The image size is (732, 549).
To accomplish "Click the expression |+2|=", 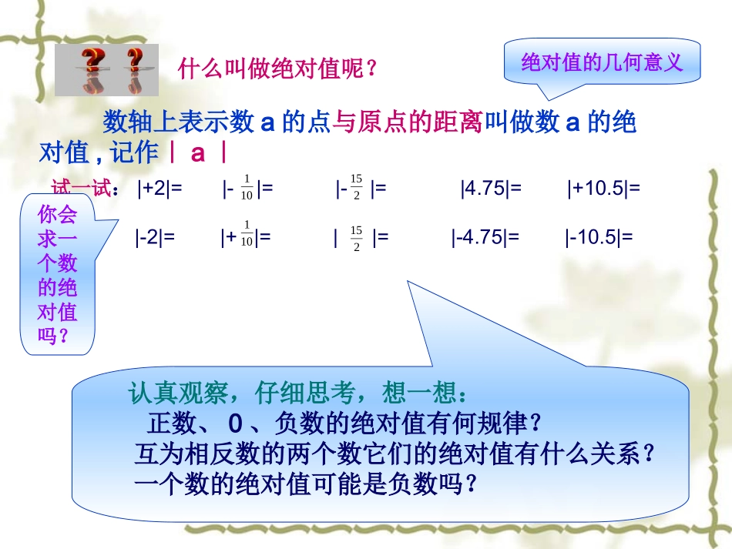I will pos(159,189).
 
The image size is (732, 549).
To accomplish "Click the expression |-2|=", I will pos(155,237).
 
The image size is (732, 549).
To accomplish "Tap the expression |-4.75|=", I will pos(485,237).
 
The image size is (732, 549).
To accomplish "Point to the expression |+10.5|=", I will pos(603,189).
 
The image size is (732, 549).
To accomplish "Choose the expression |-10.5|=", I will pos(598,237).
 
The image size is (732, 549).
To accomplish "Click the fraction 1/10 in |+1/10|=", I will pos(247,234).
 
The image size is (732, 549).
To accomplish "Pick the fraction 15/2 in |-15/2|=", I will pos(356,187).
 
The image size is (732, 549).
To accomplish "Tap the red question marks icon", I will pos(106,69).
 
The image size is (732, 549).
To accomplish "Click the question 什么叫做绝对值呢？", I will pos(278,70).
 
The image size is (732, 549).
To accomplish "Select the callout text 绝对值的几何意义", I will pos(603,62).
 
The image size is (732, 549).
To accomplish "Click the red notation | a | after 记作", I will pos(198,152).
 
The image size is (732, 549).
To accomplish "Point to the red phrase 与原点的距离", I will pos(407,122).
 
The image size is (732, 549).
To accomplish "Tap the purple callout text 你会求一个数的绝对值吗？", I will pos(57,276).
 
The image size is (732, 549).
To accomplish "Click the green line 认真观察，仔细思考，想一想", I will pos(297,393).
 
